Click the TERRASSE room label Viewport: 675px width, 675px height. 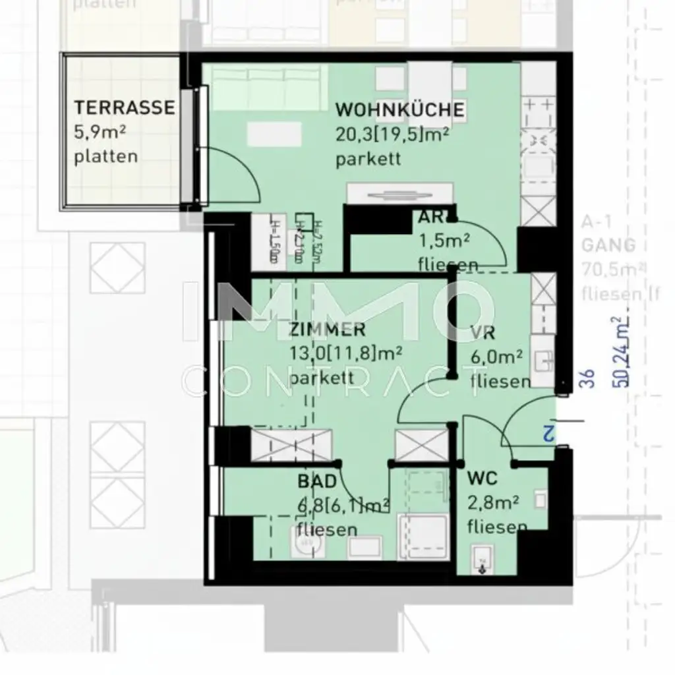pos(124,107)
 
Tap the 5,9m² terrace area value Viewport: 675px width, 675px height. pos(100,132)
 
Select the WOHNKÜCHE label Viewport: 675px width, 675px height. pos(400,109)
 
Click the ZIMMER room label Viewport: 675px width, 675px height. pos(327,330)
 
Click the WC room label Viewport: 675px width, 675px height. pos(482,477)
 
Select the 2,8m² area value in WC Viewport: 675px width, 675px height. pos(492,503)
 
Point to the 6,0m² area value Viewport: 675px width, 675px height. pos(496,357)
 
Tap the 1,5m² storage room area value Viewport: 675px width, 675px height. pos(444,241)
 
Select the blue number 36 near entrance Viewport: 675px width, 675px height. pos(589,377)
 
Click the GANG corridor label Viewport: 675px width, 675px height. pos(608,245)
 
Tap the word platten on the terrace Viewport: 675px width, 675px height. pos(106,157)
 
